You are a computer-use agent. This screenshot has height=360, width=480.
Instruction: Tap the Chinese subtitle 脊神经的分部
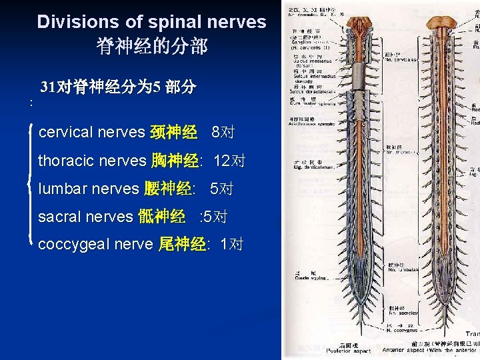pos(152,46)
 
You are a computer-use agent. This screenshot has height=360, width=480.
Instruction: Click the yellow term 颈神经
pos(173,132)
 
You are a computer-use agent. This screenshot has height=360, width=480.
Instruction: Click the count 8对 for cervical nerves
pos(222,132)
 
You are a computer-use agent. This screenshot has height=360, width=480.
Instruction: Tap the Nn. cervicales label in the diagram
pos(400,59)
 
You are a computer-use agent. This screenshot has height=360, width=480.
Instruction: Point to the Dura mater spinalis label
pos(310,103)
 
